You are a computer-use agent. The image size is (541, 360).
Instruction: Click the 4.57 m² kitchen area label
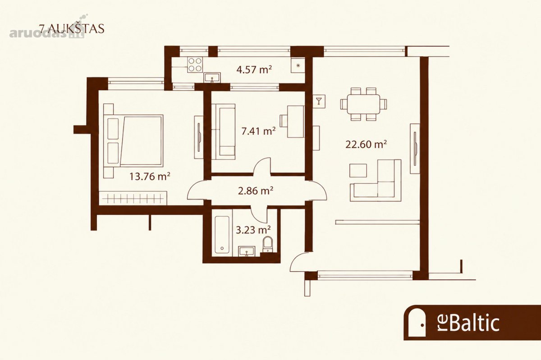pyautogui.click(x=254, y=70)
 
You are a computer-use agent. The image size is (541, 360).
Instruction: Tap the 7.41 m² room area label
pyautogui.click(x=258, y=132)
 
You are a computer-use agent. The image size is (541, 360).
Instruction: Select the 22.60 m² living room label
pyautogui.click(x=366, y=144)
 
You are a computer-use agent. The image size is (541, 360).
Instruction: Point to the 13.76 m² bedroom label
pyautogui.click(x=150, y=177)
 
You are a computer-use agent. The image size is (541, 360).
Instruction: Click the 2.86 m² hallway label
pyautogui.click(x=256, y=191)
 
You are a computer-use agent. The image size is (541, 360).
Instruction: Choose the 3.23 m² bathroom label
pyautogui.click(x=253, y=230)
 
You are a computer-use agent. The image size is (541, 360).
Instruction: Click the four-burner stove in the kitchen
pyautogui.click(x=195, y=65)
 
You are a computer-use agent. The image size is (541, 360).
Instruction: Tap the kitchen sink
pyautogui.click(x=212, y=77)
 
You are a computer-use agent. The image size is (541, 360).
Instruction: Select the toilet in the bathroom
pyautogui.click(x=268, y=244)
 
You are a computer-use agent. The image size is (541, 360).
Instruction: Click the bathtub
pyautogui.click(x=222, y=234)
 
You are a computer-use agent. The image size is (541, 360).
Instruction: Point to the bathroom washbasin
pyautogui.click(x=247, y=251)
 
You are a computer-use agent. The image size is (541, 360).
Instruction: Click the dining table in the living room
pyautogui.click(x=363, y=104)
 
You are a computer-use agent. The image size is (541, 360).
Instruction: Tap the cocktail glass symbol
pyautogui.click(x=319, y=101)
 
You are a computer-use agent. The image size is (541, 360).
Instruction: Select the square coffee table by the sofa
pyautogui.click(x=358, y=171)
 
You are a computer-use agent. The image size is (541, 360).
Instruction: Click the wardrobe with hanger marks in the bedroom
pyautogui.click(x=133, y=198)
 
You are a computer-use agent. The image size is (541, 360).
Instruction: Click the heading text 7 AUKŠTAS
pyautogui.click(x=72, y=29)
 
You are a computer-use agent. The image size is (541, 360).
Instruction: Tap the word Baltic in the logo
pyautogui.click(x=474, y=323)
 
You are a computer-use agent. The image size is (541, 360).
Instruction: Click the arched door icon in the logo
pyautogui.click(x=417, y=322)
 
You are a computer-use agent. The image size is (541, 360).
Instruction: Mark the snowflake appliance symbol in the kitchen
pyautogui.click(x=298, y=65)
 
